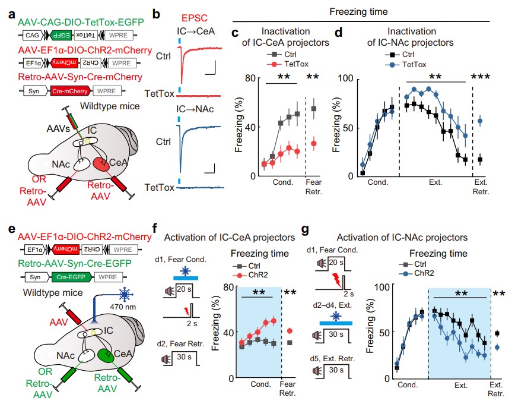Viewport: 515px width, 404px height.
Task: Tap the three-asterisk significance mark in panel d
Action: [480, 77]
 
